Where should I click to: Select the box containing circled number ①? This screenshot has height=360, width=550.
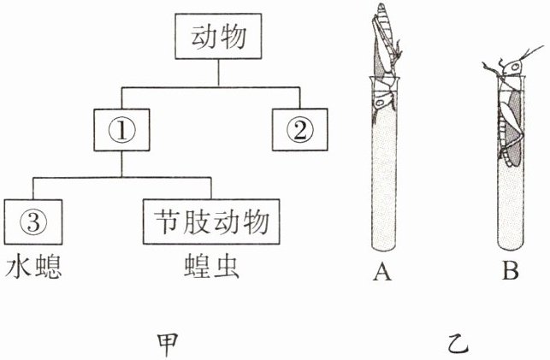(120, 131)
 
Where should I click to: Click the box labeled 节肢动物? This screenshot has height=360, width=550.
(212, 221)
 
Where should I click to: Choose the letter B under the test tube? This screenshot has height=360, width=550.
(511, 272)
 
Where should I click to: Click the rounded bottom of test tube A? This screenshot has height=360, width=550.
(382, 245)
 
